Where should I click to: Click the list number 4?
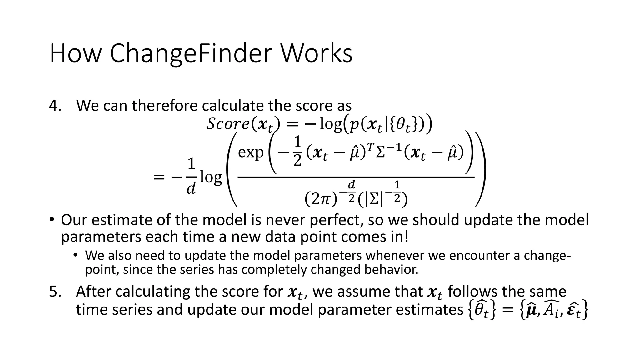pos(55,106)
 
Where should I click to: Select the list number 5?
pos(55,292)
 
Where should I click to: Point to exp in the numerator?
pos(251,153)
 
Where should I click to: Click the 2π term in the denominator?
pos(321,199)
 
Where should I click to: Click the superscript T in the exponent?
pos(370,147)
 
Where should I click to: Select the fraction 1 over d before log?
pos(191,177)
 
